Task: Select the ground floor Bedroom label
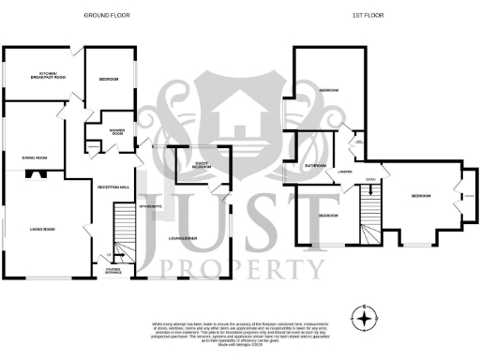[x=108, y=80]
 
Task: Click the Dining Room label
[x=35, y=157]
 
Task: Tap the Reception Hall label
[x=112, y=187]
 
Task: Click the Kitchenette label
[x=150, y=204]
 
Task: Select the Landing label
[x=345, y=172]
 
